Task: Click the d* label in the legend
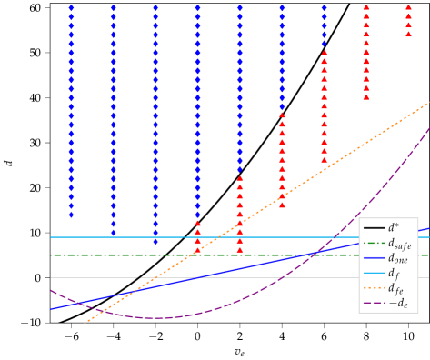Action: coord(394,228)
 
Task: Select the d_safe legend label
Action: coord(399,244)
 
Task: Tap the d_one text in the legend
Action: coord(398,258)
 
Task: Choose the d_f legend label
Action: coord(394,273)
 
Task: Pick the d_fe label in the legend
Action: coord(395,288)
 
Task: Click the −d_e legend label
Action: coord(397,303)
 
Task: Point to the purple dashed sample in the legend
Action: coord(374,303)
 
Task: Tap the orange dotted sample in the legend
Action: coord(374,288)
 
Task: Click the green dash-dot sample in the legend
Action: coord(374,244)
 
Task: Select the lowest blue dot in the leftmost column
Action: coord(71,215)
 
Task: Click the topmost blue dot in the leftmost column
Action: coord(71,7)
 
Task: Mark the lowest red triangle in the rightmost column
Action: coord(408,35)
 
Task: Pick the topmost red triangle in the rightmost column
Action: coord(408,7)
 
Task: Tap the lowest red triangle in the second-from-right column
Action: coord(366,96)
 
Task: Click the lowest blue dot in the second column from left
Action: coord(113,233)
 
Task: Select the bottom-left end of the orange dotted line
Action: coord(85,322)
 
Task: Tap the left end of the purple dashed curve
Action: coord(51,290)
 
